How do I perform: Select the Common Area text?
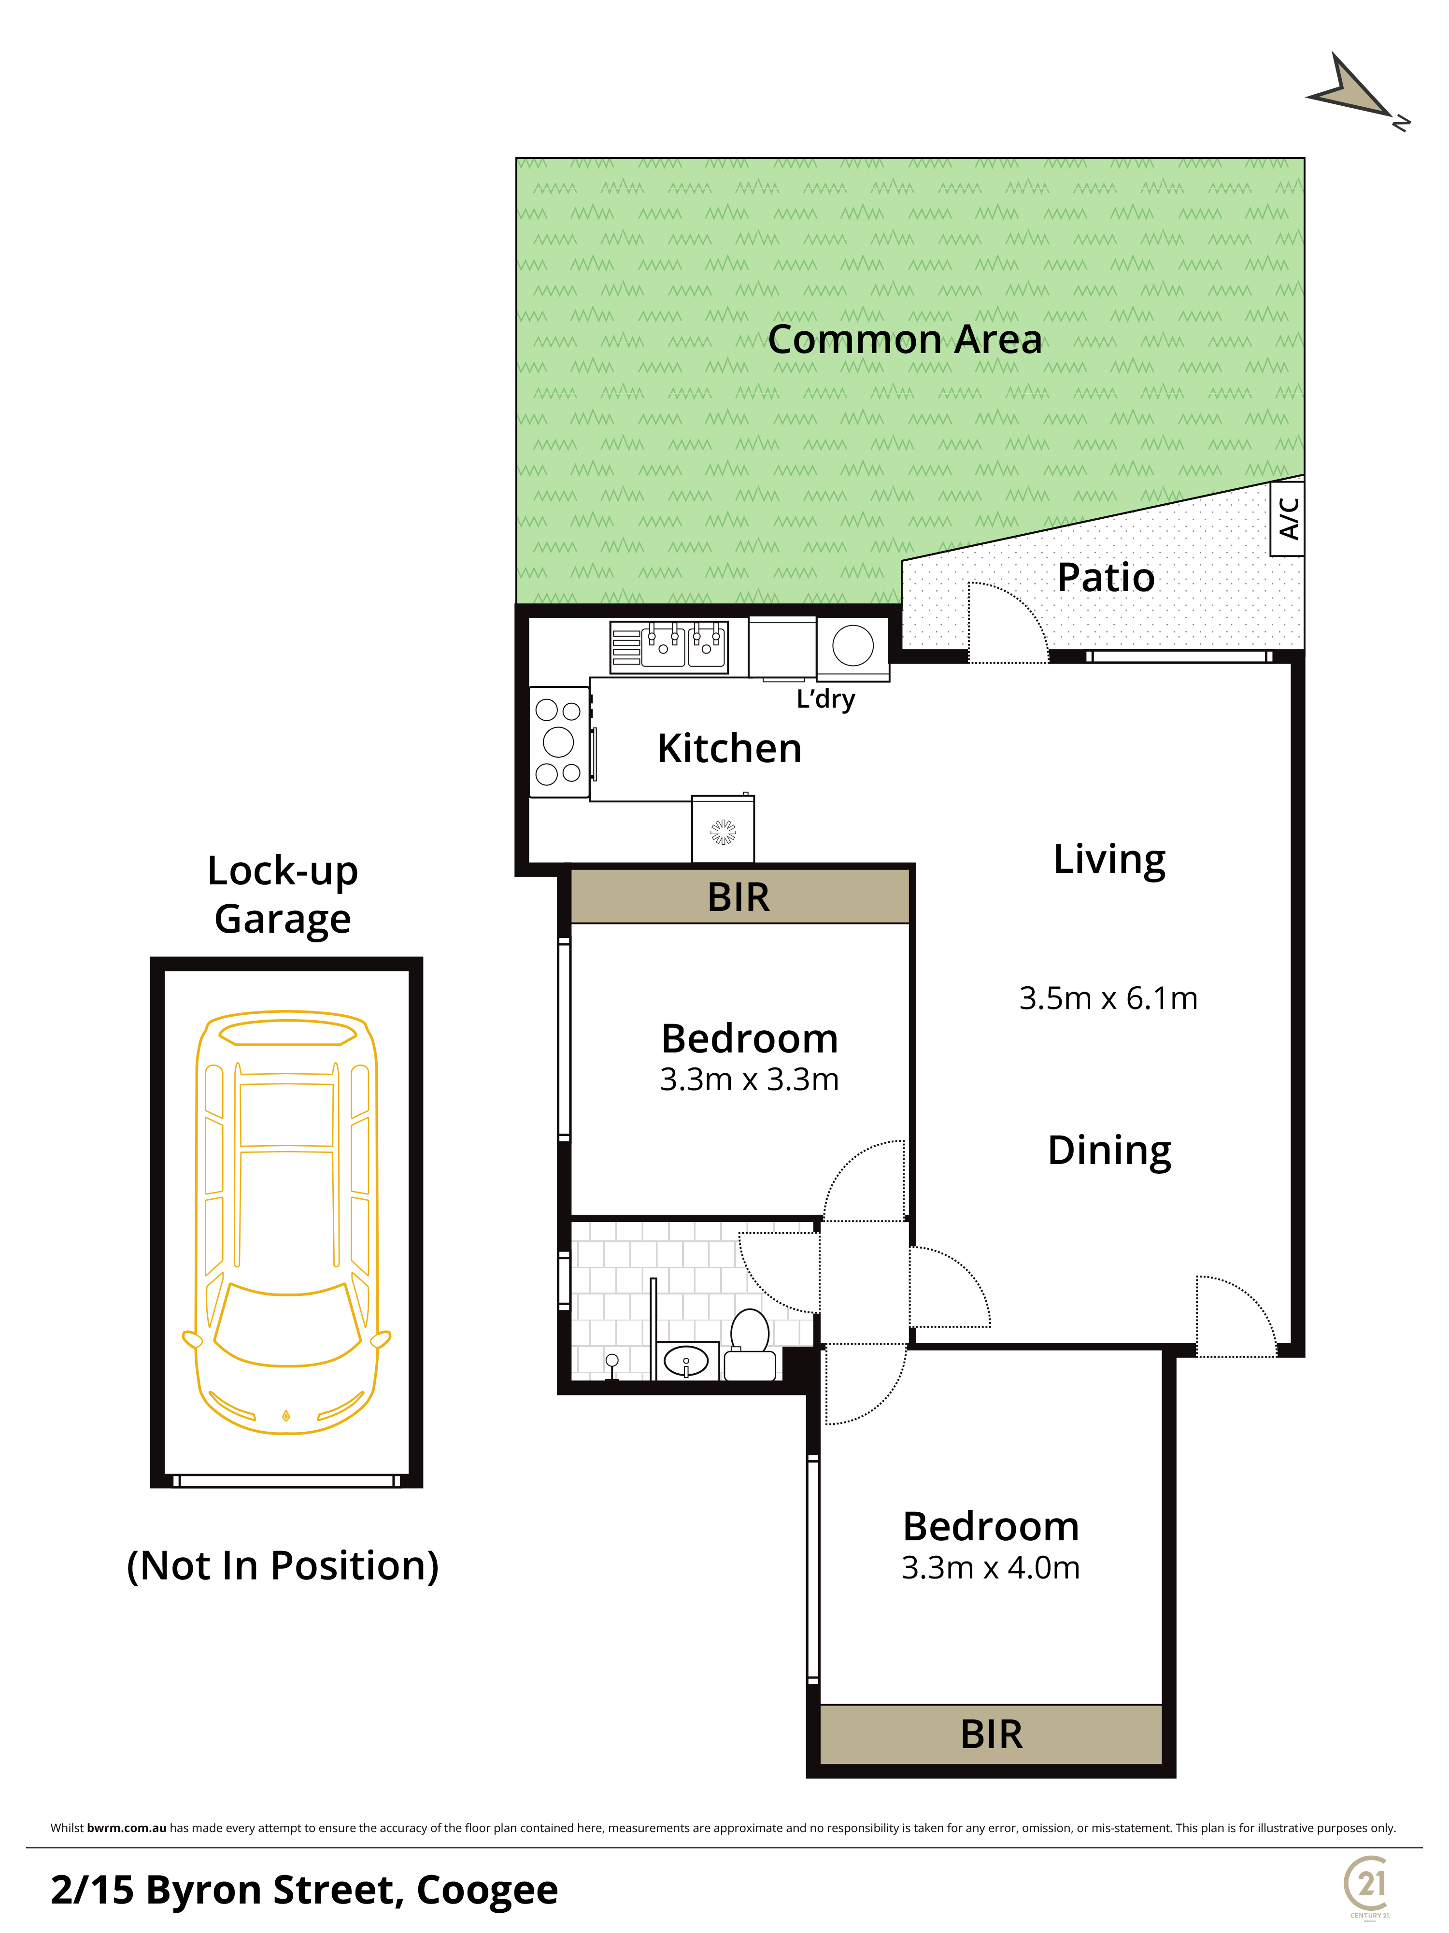[x=905, y=339]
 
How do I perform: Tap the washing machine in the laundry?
[x=853, y=648]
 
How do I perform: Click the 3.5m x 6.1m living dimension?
[x=1108, y=998]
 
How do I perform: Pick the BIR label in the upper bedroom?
[x=739, y=897]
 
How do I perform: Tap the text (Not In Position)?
[x=282, y=1565]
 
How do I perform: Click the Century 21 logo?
[x=1368, y=1885]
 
